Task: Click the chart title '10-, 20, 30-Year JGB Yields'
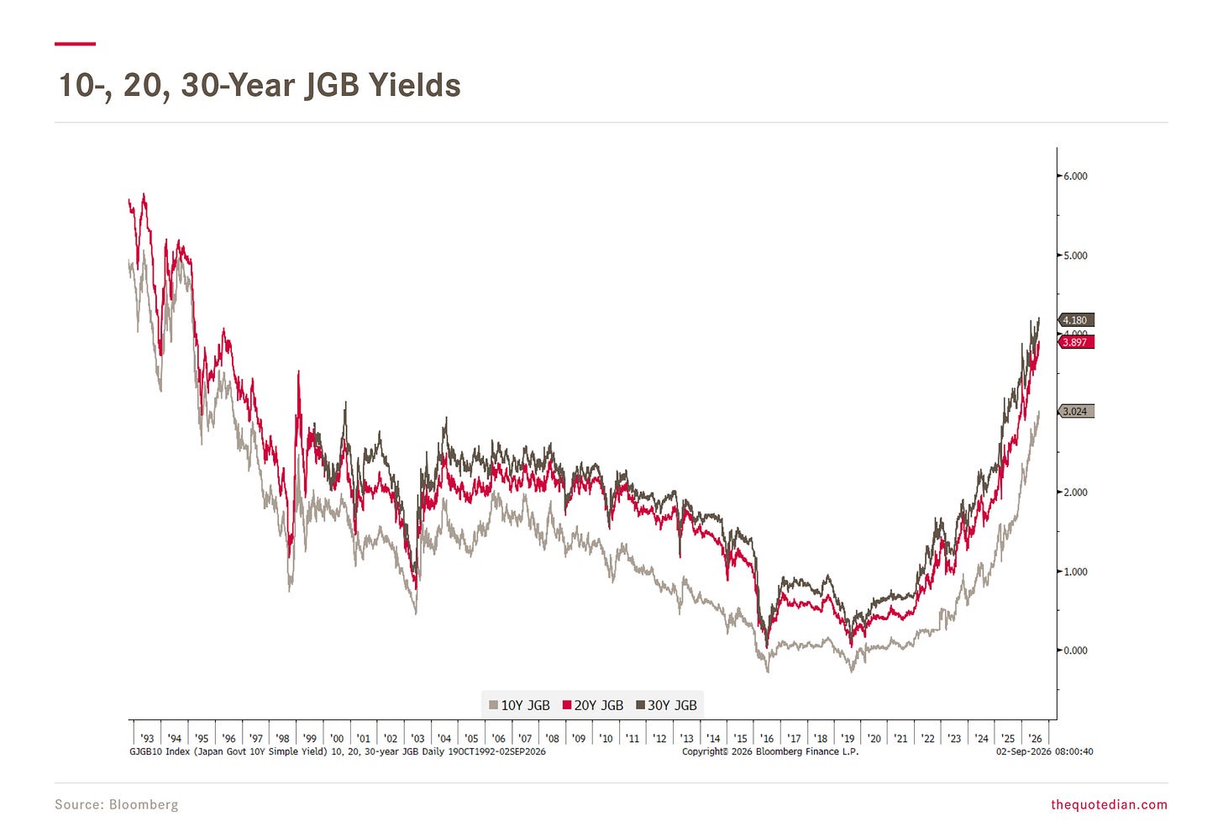260,86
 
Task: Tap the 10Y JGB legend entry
520,705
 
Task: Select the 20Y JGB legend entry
593,705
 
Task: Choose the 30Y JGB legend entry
667,705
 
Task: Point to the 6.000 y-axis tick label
1075,176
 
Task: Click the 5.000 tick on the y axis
1075,255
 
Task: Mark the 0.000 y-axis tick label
1075,650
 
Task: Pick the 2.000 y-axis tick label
1075,492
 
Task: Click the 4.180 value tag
1076,320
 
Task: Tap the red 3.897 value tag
1076,342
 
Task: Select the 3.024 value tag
1076,411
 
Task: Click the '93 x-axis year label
148,738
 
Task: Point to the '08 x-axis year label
552,738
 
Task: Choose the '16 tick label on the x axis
767,738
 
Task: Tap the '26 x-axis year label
1035,738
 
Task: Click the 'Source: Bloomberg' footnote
116,804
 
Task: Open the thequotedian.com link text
1109,804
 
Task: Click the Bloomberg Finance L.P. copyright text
769,751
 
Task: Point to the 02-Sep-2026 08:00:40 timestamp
1044,751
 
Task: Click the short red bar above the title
75,44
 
